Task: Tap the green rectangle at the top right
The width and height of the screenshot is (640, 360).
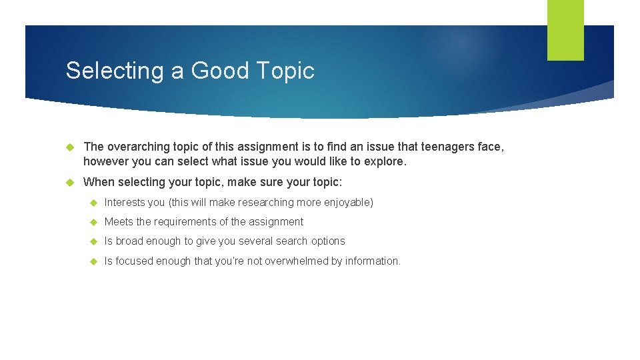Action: pos(565,30)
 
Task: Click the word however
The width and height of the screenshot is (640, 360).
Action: pos(105,161)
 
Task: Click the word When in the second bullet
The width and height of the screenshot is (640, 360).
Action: pos(99,183)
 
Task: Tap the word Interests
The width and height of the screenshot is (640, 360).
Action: pos(125,203)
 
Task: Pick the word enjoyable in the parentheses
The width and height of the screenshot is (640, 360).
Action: pos(346,203)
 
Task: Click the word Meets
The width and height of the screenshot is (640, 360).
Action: pos(119,222)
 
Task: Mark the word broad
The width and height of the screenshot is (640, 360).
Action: pos(129,241)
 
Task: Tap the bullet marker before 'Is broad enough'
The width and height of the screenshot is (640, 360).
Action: pos(93,241)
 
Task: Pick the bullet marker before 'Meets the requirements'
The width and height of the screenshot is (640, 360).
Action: pos(93,222)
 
